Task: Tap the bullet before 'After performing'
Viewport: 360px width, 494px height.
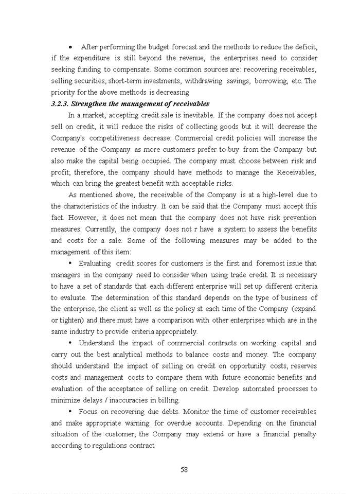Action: (70, 47)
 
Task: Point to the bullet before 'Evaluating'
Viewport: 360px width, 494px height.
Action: (70, 263)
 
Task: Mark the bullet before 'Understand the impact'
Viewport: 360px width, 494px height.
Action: (70, 343)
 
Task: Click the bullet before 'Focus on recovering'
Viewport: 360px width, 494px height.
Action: (70, 412)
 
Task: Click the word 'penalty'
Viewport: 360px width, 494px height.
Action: (302, 434)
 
